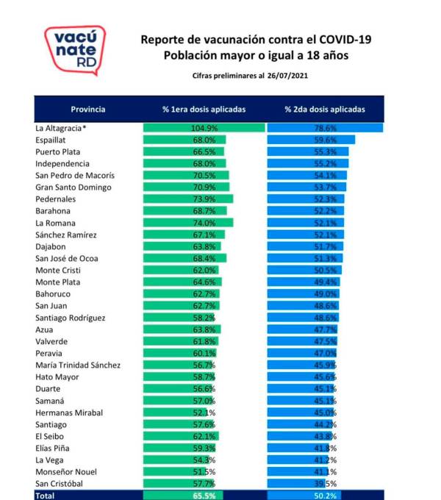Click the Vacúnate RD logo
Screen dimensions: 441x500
pos(75,51)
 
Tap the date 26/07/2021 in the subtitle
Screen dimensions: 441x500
pos(287,76)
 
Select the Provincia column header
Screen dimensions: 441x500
pos(88,110)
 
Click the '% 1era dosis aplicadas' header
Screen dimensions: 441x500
pos(204,110)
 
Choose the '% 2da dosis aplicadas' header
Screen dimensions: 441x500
pos(325,110)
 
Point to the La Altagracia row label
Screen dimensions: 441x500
pos(60,128)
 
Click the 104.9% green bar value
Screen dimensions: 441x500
pos(204,128)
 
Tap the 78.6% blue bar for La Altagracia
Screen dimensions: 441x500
pos(325,128)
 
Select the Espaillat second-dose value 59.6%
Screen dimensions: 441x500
pos(325,140)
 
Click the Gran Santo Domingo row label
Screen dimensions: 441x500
pos(73,187)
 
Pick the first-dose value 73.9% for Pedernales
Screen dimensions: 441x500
pos(204,199)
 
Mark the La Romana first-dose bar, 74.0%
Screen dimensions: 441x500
pos(188,223)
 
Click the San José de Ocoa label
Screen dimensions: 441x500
pos(67,258)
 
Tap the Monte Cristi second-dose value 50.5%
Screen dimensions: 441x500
pos(325,270)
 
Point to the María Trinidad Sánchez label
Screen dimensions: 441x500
pos(78,365)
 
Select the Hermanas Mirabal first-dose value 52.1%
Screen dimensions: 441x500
pos(204,413)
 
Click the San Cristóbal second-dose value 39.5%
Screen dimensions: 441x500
pos(325,484)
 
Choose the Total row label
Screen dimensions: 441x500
pos(45,496)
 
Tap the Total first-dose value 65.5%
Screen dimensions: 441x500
pos(204,496)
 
